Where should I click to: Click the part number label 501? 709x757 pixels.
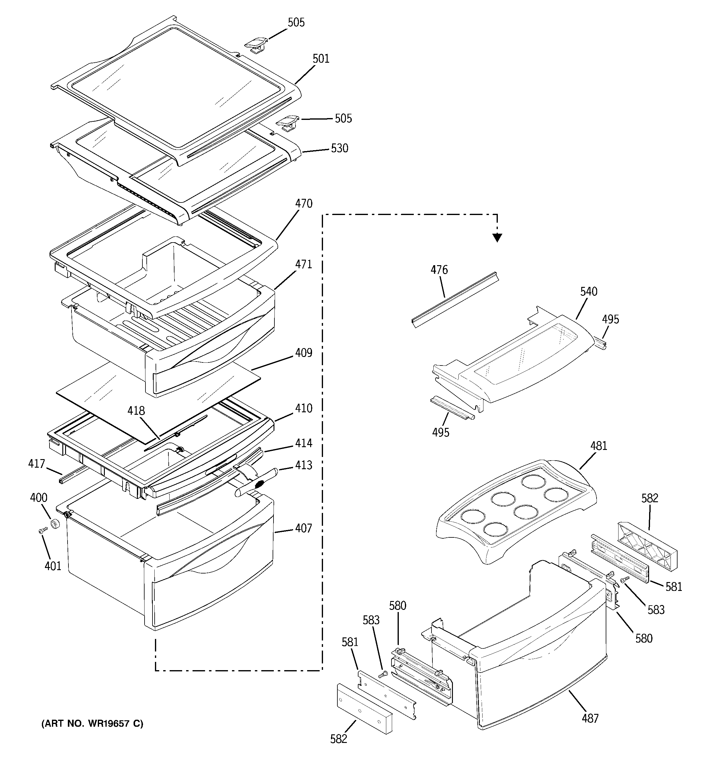click(x=321, y=59)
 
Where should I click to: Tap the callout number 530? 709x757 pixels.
click(x=339, y=148)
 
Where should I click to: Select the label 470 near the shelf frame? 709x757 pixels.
click(x=303, y=204)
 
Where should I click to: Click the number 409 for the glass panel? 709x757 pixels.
click(x=303, y=353)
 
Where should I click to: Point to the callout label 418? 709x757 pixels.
click(x=136, y=411)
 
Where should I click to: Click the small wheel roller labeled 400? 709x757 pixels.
click(x=56, y=524)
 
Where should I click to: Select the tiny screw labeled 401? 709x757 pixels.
click(x=42, y=530)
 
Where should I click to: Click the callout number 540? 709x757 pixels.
click(x=588, y=292)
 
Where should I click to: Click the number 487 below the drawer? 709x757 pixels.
click(x=590, y=718)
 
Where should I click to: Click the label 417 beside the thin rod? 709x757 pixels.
click(x=37, y=464)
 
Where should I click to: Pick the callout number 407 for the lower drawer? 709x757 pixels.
click(x=303, y=529)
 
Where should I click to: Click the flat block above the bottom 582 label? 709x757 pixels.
click(x=364, y=708)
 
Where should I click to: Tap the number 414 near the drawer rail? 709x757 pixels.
click(x=303, y=443)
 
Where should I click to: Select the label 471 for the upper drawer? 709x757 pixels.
click(x=303, y=264)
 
